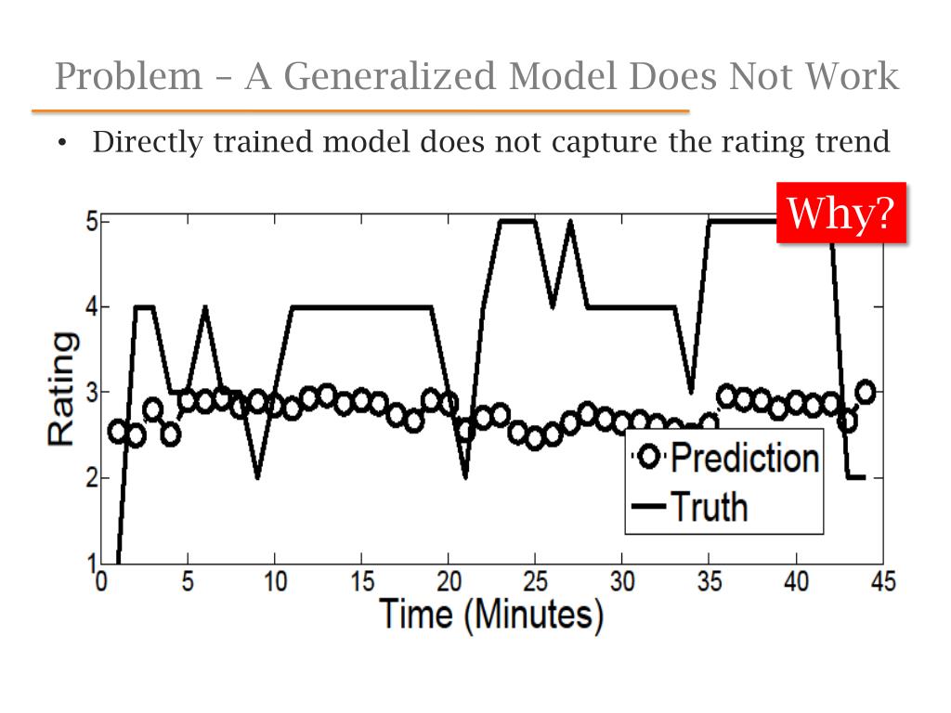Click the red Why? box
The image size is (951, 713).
click(x=840, y=213)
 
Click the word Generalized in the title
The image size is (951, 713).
click(x=391, y=76)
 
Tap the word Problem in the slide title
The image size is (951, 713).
click(x=128, y=76)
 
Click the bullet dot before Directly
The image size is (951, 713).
click(x=62, y=144)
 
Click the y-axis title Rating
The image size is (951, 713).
click(x=62, y=390)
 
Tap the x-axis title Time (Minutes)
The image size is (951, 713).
click(x=489, y=615)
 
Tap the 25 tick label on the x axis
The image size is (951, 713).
click(x=535, y=582)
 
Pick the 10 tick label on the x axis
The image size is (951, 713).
click(x=275, y=582)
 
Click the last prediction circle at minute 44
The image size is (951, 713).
click(x=865, y=392)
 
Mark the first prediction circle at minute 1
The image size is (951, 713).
click(x=118, y=431)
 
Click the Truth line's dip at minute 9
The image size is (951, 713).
click(x=257, y=476)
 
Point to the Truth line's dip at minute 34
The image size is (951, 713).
click(x=690, y=390)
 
